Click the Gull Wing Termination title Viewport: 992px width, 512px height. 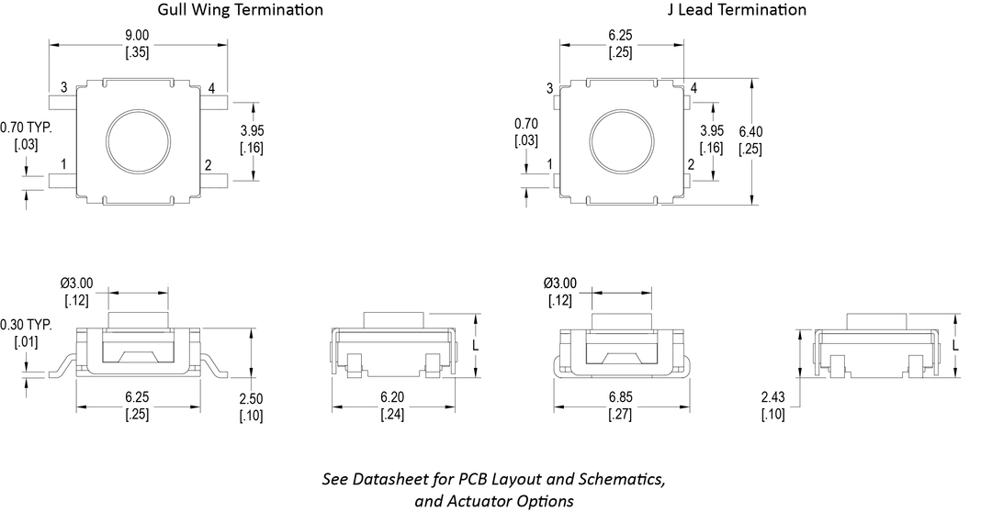[240, 9]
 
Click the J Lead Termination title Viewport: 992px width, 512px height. [737, 9]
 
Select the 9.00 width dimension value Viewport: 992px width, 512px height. [137, 36]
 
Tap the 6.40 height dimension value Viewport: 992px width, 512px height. [751, 132]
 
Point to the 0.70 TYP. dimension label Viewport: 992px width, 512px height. [27, 128]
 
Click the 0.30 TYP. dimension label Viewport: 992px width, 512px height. [27, 325]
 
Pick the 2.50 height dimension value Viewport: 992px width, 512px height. [251, 399]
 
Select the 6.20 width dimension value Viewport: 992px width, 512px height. [392, 397]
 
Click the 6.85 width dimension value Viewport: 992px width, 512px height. [619, 397]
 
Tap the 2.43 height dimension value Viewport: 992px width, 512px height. [773, 397]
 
